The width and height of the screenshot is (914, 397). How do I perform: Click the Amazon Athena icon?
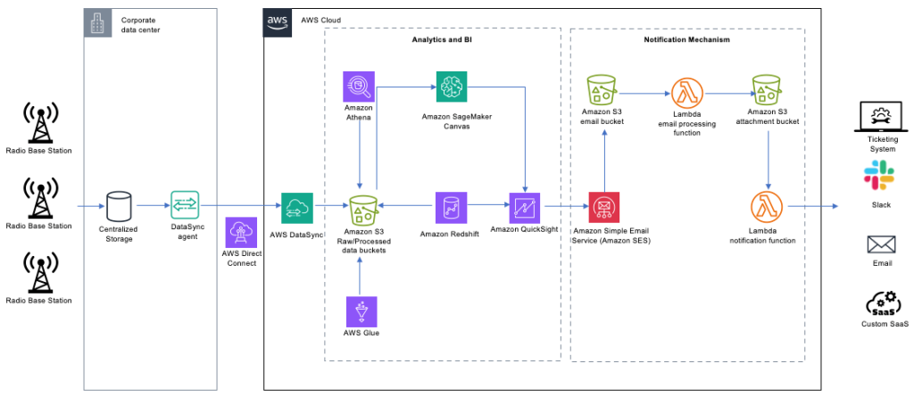click(x=359, y=87)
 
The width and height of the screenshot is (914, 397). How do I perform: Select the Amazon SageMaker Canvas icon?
click(x=452, y=87)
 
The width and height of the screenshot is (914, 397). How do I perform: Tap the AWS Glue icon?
click(x=361, y=312)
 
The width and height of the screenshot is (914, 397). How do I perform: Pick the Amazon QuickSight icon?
click(x=525, y=208)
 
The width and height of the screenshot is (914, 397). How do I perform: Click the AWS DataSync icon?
click(x=296, y=208)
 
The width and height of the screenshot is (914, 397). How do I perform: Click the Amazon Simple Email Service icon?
click(x=603, y=208)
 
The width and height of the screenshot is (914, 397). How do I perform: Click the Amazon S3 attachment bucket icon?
click(x=767, y=92)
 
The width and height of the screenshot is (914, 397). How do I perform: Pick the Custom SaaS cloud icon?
click(x=880, y=303)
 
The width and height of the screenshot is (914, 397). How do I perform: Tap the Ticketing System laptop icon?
click(x=880, y=116)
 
